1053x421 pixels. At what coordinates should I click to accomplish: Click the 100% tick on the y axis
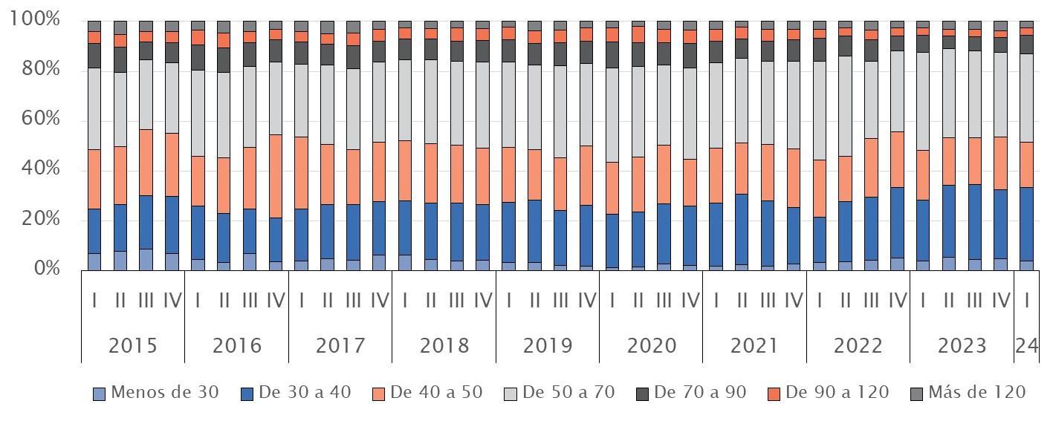tap(36, 19)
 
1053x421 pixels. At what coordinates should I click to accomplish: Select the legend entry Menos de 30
tap(156, 393)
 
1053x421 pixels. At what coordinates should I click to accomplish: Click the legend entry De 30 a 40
tap(295, 393)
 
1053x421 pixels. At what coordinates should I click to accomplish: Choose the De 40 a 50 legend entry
tap(427, 393)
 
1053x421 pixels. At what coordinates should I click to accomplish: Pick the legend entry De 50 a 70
tap(560, 393)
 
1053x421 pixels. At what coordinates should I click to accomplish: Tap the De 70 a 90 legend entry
tap(691, 393)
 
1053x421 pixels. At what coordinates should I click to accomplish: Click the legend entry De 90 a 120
tap(828, 393)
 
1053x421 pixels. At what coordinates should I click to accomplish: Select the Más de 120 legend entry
tap(968, 393)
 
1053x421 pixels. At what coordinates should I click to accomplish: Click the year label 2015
tap(132, 346)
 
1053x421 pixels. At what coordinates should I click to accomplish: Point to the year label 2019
tap(548, 346)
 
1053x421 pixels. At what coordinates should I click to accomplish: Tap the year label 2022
tap(858, 346)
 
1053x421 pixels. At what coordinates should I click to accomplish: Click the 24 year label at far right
tap(1027, 346)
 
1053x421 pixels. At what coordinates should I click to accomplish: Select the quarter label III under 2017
tap(354, 301)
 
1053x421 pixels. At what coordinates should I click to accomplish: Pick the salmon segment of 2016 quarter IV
tap(276, 176)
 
